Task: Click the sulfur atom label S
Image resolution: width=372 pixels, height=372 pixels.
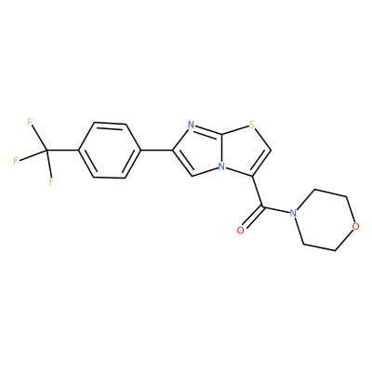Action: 252,126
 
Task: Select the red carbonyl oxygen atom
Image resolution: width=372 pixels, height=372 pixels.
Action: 240,231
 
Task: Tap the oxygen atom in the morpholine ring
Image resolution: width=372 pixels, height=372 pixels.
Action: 356,226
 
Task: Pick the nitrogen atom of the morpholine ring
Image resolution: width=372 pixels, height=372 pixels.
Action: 293,213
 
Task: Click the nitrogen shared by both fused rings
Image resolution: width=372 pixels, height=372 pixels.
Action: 221,166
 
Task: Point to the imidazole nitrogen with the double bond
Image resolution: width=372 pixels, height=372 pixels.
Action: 192,126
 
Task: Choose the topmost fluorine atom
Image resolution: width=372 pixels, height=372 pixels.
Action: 30,122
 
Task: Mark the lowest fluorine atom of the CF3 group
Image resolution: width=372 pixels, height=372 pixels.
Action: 51,180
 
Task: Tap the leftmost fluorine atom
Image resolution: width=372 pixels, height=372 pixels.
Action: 16,161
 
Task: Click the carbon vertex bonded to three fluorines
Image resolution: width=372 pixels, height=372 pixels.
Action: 47,151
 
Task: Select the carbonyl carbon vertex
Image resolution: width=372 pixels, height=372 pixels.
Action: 262,206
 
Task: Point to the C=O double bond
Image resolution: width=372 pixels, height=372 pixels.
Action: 252,218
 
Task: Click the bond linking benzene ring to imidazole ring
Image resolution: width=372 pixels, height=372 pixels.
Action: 157,151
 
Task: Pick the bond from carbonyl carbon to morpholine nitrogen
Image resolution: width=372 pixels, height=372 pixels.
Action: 276,209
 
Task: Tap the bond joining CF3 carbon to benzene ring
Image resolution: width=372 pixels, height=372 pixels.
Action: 63,151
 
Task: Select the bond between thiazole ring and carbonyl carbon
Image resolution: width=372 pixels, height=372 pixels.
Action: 258,192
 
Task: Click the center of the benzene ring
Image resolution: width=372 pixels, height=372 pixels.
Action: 111,151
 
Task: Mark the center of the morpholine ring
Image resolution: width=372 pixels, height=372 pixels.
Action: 325,219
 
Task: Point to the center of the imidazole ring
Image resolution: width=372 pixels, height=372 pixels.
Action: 201,152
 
